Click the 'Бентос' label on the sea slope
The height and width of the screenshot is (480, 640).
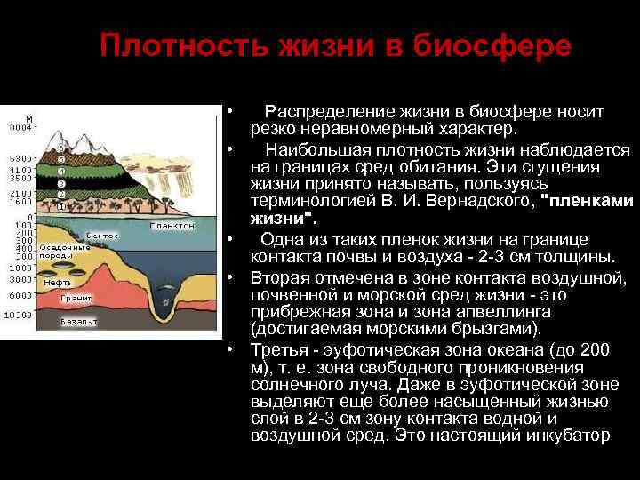tap(102, 236)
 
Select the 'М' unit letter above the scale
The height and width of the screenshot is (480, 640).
tap(29, 118)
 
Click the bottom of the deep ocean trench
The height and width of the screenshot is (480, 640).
tap(165, 313)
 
